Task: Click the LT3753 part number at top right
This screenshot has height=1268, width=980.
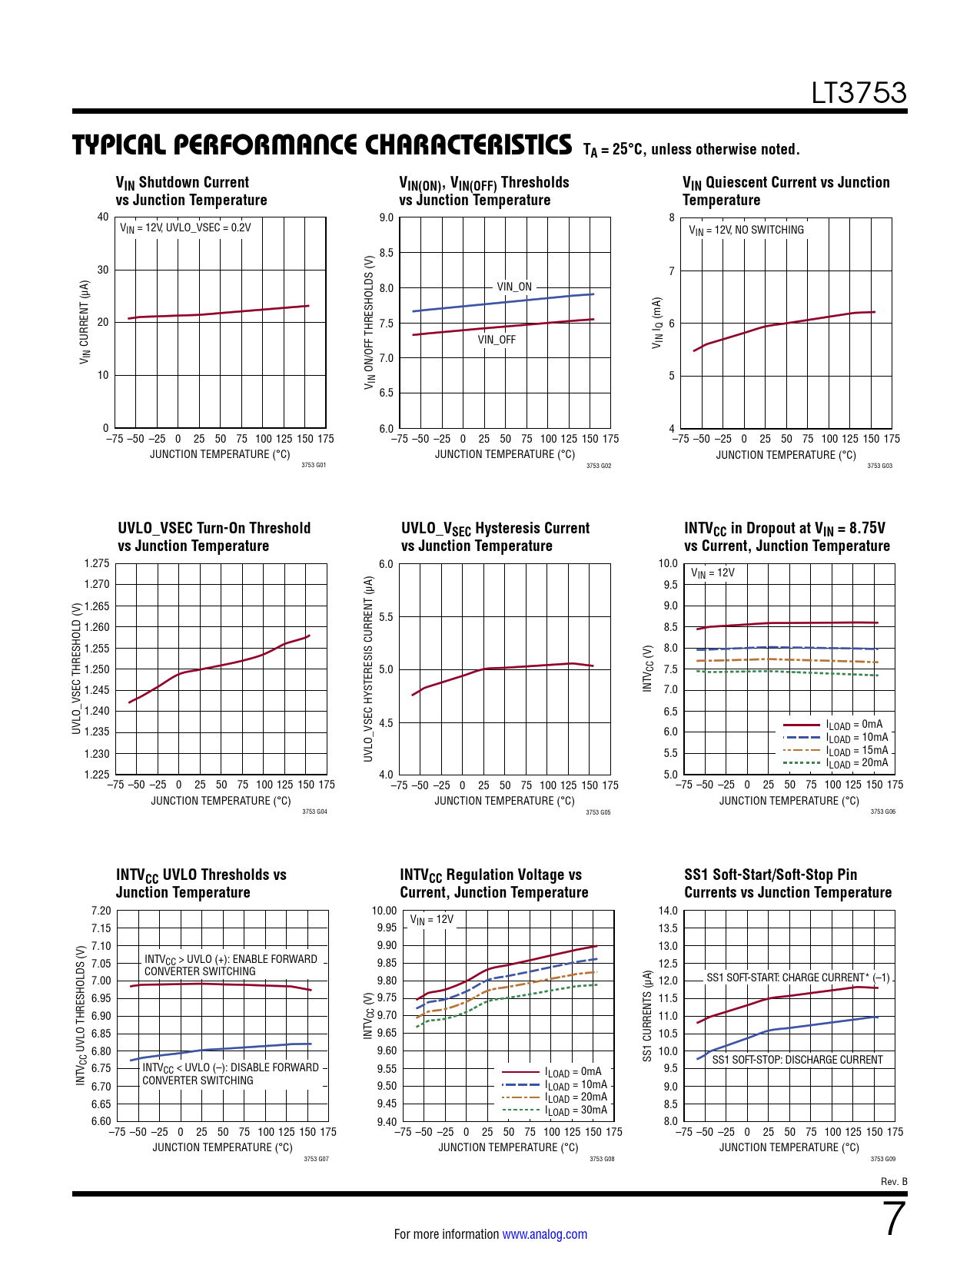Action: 859,93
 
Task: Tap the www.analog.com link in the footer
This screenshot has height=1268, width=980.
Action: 544,1234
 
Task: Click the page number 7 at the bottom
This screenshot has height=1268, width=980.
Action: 895,1219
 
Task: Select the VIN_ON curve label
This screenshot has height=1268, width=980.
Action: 514,287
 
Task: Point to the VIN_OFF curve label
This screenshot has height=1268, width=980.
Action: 497,340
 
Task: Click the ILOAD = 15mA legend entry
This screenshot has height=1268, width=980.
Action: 857,751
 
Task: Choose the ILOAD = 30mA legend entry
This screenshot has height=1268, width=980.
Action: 576,1110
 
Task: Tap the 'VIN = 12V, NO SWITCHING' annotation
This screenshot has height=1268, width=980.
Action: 746,230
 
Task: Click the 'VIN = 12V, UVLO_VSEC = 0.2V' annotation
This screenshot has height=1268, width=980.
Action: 185,227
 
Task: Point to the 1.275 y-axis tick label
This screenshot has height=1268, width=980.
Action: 97,563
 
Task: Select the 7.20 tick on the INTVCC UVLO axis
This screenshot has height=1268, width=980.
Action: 101,911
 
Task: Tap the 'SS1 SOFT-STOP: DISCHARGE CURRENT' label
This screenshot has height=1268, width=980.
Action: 797,1060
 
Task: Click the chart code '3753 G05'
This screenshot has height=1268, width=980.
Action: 598,812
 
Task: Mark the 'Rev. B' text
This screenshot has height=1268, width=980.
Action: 894,1181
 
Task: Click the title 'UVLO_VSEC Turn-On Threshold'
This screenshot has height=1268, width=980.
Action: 214,528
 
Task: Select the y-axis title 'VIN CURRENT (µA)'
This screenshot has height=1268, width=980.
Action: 85,322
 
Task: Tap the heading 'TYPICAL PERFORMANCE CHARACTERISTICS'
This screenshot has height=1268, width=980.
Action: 322,144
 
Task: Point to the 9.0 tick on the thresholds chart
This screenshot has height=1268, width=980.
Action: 386,217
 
